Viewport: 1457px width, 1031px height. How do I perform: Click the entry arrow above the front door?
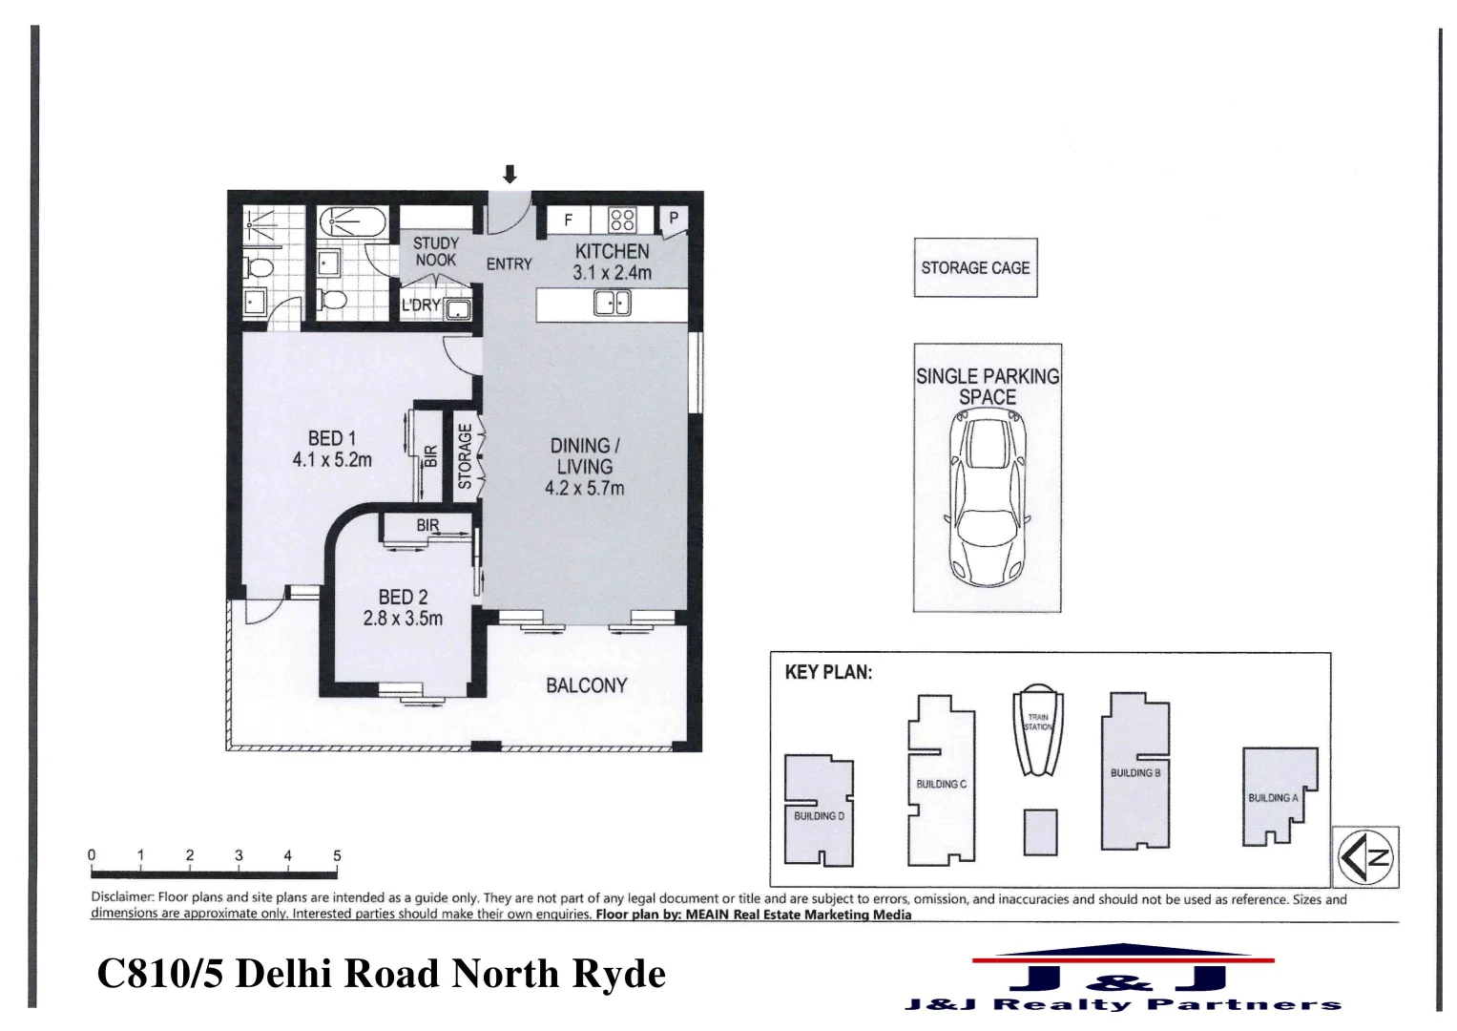(510, 174)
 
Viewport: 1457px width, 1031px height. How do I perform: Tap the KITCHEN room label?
(612, 251)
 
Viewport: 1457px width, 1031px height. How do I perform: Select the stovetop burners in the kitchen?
(622, 221)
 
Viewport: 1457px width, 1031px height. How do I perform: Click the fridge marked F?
(569, 221)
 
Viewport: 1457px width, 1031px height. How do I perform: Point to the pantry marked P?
(674, 219)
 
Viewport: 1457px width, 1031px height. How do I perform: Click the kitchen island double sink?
(612, 304)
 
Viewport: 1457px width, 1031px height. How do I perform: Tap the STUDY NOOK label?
(435, 251)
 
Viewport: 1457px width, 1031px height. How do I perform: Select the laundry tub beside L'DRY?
(458, 308)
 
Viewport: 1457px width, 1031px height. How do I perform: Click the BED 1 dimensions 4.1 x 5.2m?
(332, 460)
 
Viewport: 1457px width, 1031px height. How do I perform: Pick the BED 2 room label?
(403, 598)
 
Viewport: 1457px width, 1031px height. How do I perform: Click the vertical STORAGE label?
(465, 457)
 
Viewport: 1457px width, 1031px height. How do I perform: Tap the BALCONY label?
(586, 685)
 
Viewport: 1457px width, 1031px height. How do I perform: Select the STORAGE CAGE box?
(975, 268)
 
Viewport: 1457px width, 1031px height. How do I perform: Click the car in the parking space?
(988, 501)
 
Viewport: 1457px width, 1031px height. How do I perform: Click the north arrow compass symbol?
(1365, 857)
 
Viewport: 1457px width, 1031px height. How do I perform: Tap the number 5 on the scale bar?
(337, 855)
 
